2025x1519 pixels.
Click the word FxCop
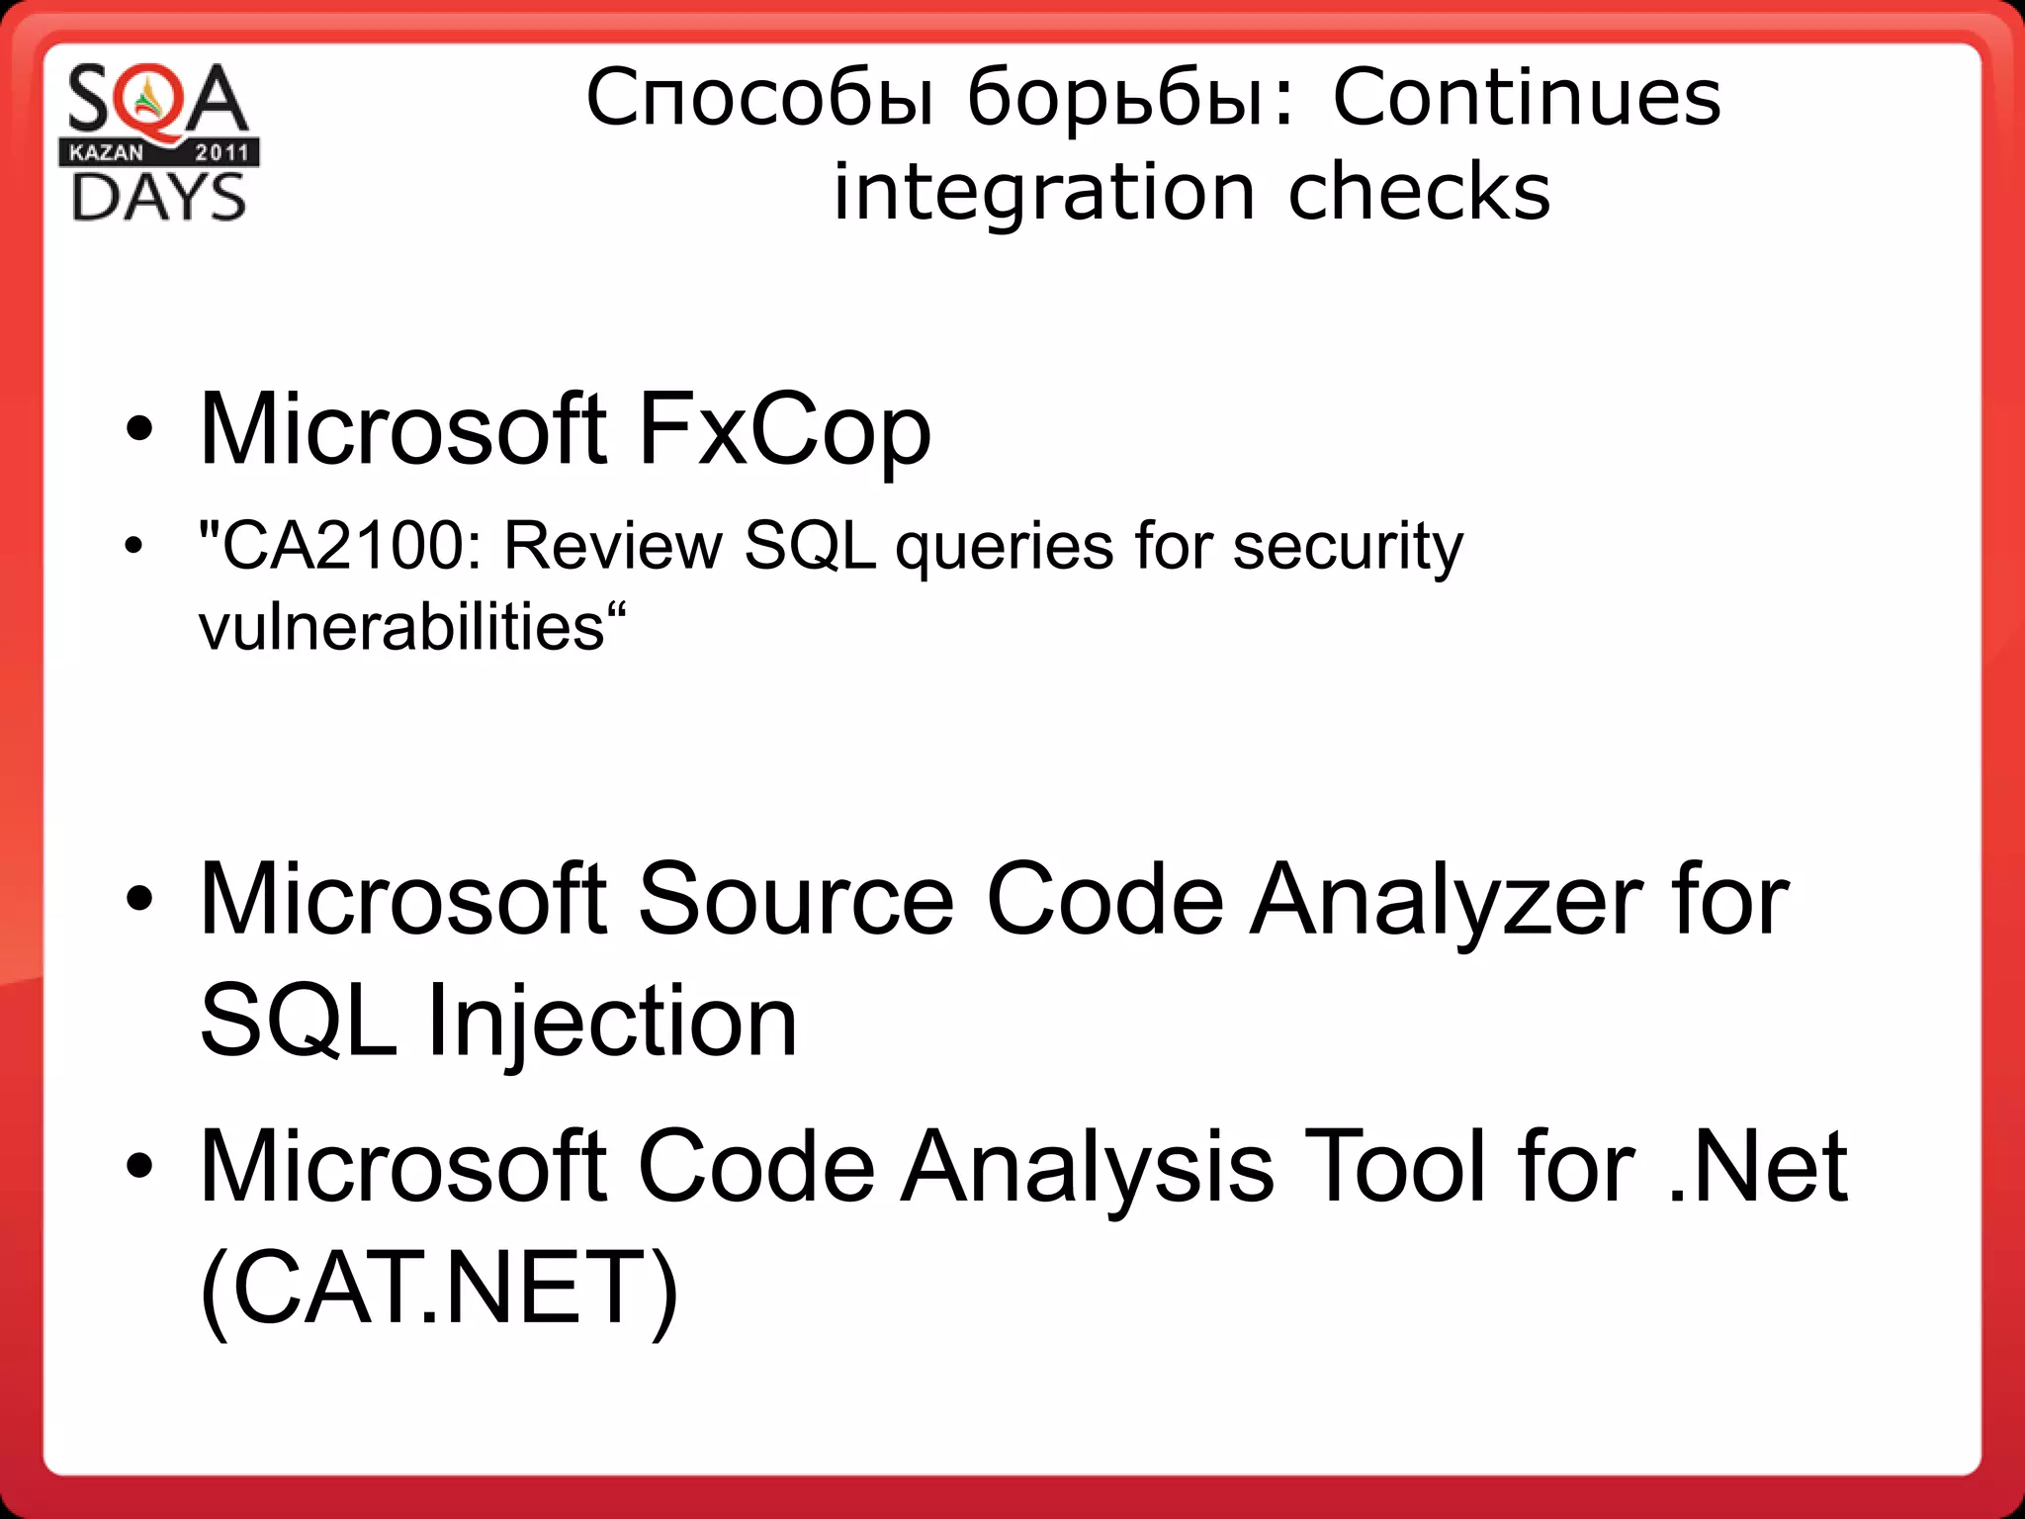(x=784, y=429)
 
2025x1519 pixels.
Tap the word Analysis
(x=1088, y=1167)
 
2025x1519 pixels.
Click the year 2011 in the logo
(x=221, y=152)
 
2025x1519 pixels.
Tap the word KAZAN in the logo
(x=106, y=152)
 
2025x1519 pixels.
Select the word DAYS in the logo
(x=158, y=197)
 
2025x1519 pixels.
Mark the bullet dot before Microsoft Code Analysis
(x=139, y=1167)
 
